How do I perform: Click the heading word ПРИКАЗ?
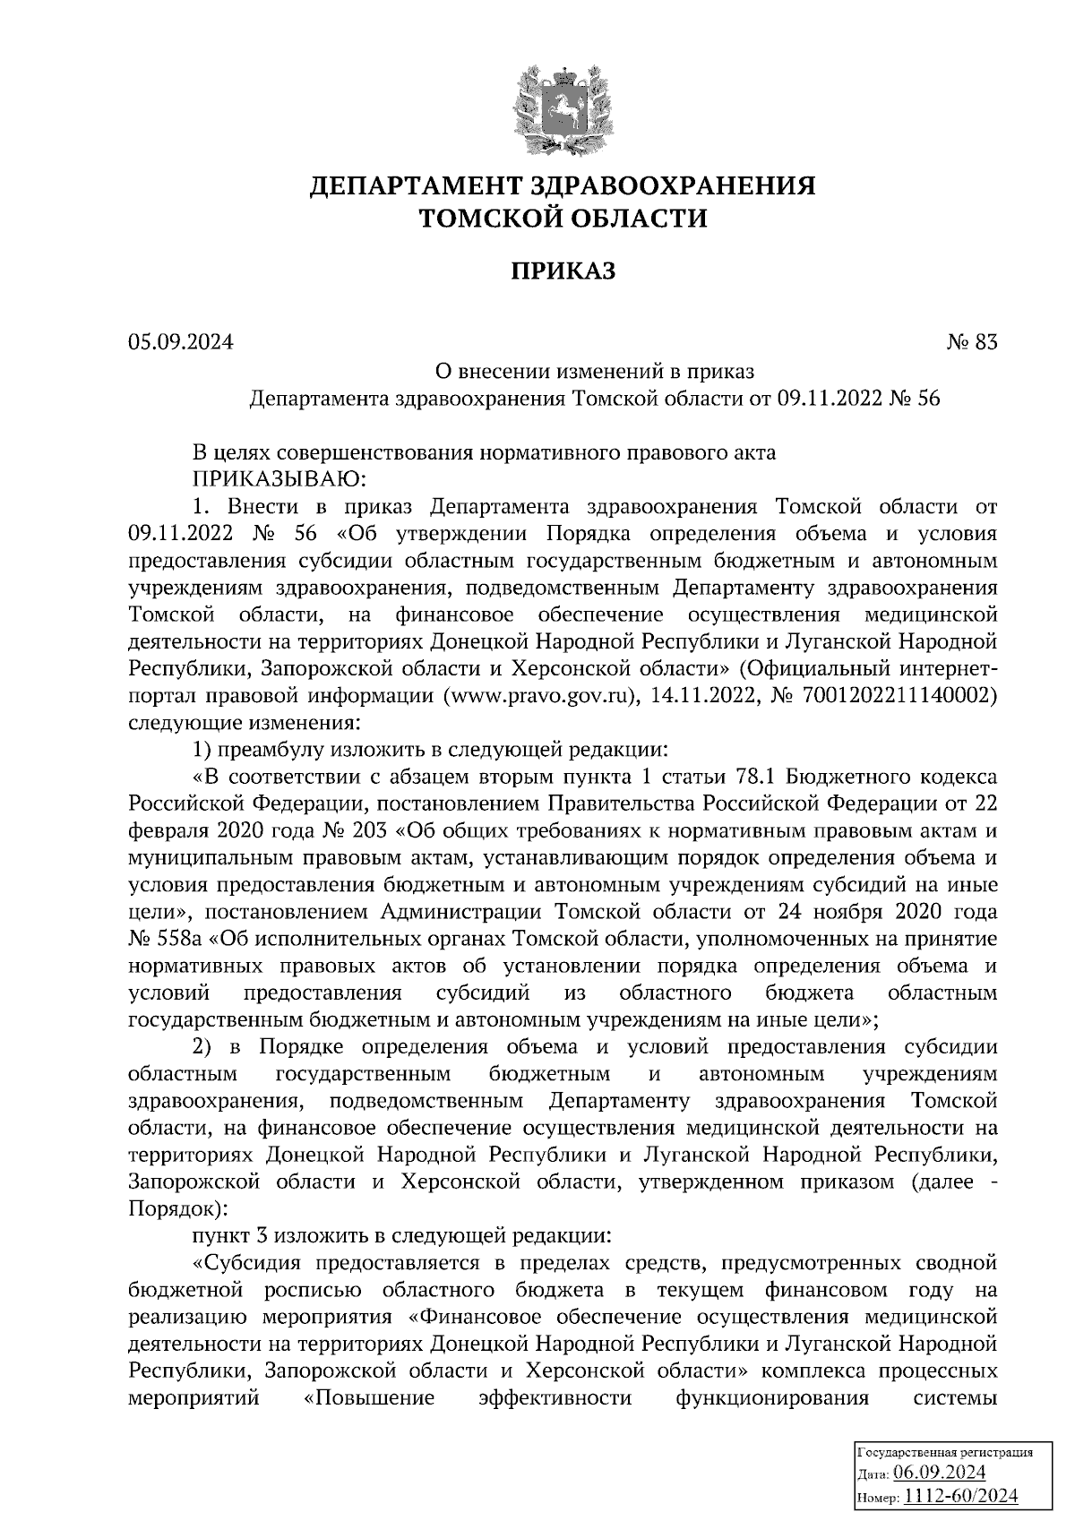[x=563, y=270]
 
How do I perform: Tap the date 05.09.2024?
[x=180, y=341]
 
